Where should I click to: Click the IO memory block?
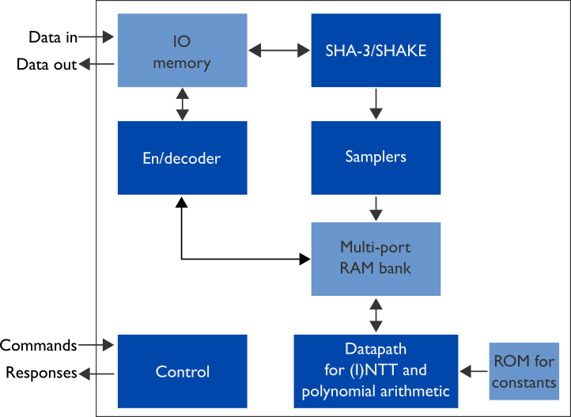click(182, 50)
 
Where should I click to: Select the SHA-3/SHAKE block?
click(376, 50)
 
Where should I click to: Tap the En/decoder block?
click(182, 157)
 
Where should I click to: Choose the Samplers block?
click(376, 157)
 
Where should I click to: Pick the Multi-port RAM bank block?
click(376, 258)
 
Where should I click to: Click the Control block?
click(182, 371)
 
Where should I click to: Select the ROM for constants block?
click(524, 371)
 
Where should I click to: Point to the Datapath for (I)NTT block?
click(376, 371)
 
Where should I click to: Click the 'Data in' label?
click(53, 36)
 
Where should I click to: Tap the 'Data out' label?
click(47, 64)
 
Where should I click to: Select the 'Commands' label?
click(38, 345)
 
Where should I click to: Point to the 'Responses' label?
click(41, 373)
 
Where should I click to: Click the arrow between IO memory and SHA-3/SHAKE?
click(279, 51)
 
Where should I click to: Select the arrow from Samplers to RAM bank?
click(376, 208)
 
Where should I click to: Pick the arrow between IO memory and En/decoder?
click(183, 104)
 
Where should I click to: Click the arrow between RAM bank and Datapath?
click(376, 315)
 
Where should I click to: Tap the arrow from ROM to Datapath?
click(474, 370)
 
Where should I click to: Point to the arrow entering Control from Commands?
click(97, 345)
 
